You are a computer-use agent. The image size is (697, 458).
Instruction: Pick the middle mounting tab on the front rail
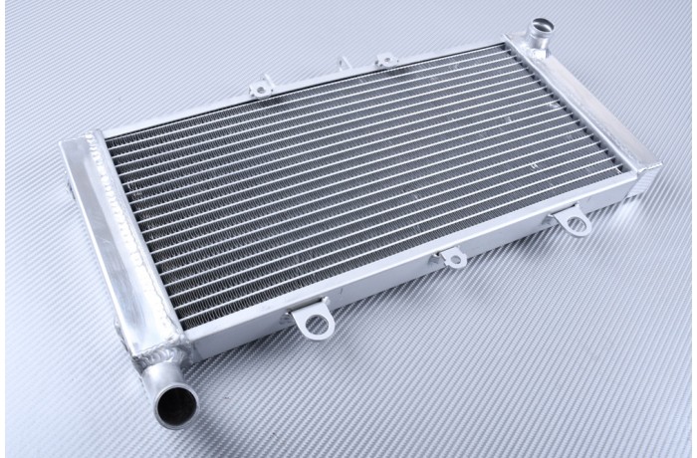pyautogui.click(x=452, y=258)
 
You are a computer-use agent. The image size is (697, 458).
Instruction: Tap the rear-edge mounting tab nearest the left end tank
pyautogui.click(x=260, y=89)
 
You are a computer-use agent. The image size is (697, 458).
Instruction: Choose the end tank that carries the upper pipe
pyautogui.click(x=587, y=110)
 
